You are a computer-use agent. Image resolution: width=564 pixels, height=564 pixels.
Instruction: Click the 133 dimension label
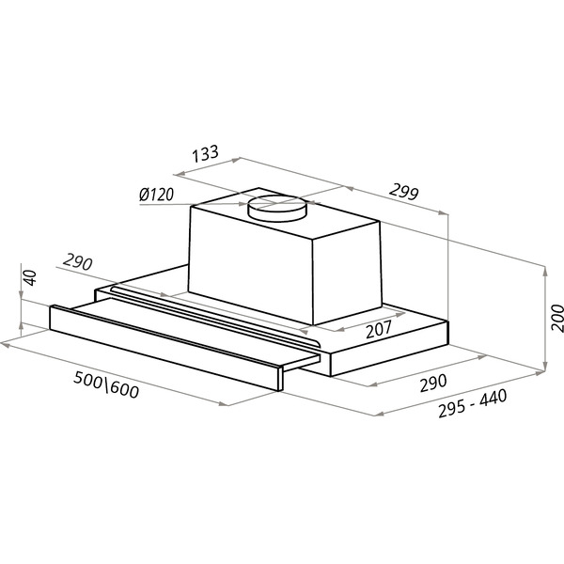tap(205, 153)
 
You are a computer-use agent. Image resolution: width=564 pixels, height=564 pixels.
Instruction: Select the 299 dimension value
tap(404, 192)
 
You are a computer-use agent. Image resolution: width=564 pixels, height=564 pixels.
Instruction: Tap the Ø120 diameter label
tap(156, 195)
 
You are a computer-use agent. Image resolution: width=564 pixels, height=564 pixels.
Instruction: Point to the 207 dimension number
tap(379, 329)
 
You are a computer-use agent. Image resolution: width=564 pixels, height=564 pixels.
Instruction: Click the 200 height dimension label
tap(556, 318)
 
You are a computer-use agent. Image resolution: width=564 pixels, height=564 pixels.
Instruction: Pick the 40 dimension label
tap(30, 277)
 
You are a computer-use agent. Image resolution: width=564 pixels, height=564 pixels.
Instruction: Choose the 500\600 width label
tap(106, 384)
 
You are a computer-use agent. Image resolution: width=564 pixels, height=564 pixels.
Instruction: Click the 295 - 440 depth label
tap(473, 403)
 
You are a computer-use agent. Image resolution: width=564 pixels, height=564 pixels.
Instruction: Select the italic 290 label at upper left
tap(78, 262)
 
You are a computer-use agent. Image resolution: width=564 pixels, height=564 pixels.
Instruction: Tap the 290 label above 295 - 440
tap(433, 383)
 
